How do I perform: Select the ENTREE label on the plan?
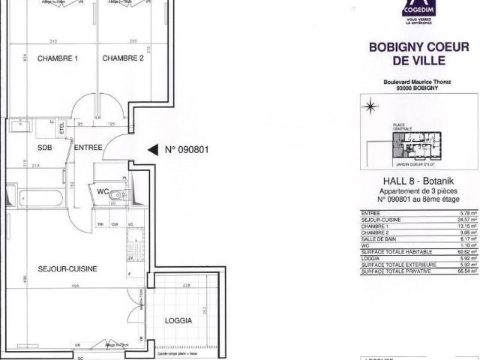click(x=88, y=148)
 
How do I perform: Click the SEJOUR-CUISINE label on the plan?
click(x=68, y=268)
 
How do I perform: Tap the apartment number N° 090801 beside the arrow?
click(x=186, y=149)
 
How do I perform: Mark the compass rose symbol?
click(x=370, y=106)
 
